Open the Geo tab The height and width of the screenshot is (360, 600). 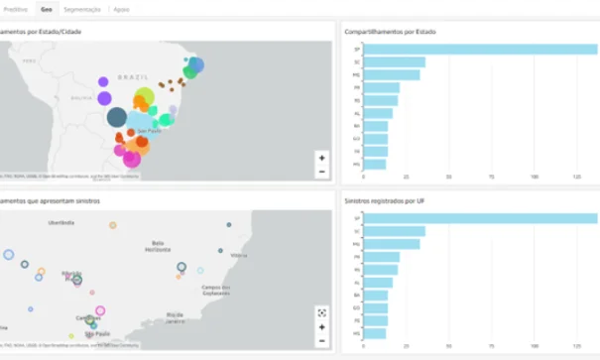tap(46, 8)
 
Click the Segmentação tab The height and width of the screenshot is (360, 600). tap(81, 8)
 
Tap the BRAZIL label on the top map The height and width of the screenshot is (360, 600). tap(132, 76)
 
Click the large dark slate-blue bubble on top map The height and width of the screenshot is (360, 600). tap(117, 117)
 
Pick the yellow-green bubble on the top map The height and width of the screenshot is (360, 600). tap(145, 97)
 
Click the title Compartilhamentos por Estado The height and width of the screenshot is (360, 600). tap(390, 32)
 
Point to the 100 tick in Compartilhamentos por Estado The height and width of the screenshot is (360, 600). tap(535, 178)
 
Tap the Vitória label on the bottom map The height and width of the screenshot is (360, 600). tap(239, 255)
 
